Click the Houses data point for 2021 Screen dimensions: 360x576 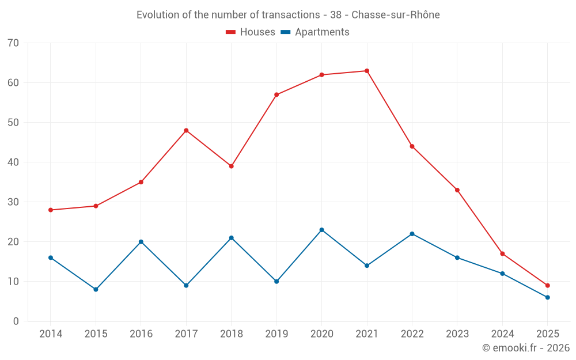[367, 71]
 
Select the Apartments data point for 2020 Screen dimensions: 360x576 [321, 230]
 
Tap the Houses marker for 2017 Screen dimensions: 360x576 [186, 130]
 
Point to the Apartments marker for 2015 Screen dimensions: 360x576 [96, 289]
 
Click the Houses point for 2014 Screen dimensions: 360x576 [51, 210]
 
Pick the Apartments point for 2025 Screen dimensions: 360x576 [547, 297]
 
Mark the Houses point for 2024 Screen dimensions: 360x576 [502, 253]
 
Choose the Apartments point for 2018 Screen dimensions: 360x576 [231, 238]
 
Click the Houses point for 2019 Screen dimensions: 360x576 [276, 94]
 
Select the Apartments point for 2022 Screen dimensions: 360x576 [412, 234]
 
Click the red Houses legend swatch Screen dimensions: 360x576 [230, 32]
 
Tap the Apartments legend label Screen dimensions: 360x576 [322, 32]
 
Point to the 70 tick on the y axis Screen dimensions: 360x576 [13, 43]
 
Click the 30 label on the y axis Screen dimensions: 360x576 [13, 202]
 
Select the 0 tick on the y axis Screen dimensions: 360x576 [16, 321]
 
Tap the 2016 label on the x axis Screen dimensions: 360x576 [141, 334]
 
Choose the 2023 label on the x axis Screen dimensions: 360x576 [457, 334]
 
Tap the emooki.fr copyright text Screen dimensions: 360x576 [526, 348]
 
